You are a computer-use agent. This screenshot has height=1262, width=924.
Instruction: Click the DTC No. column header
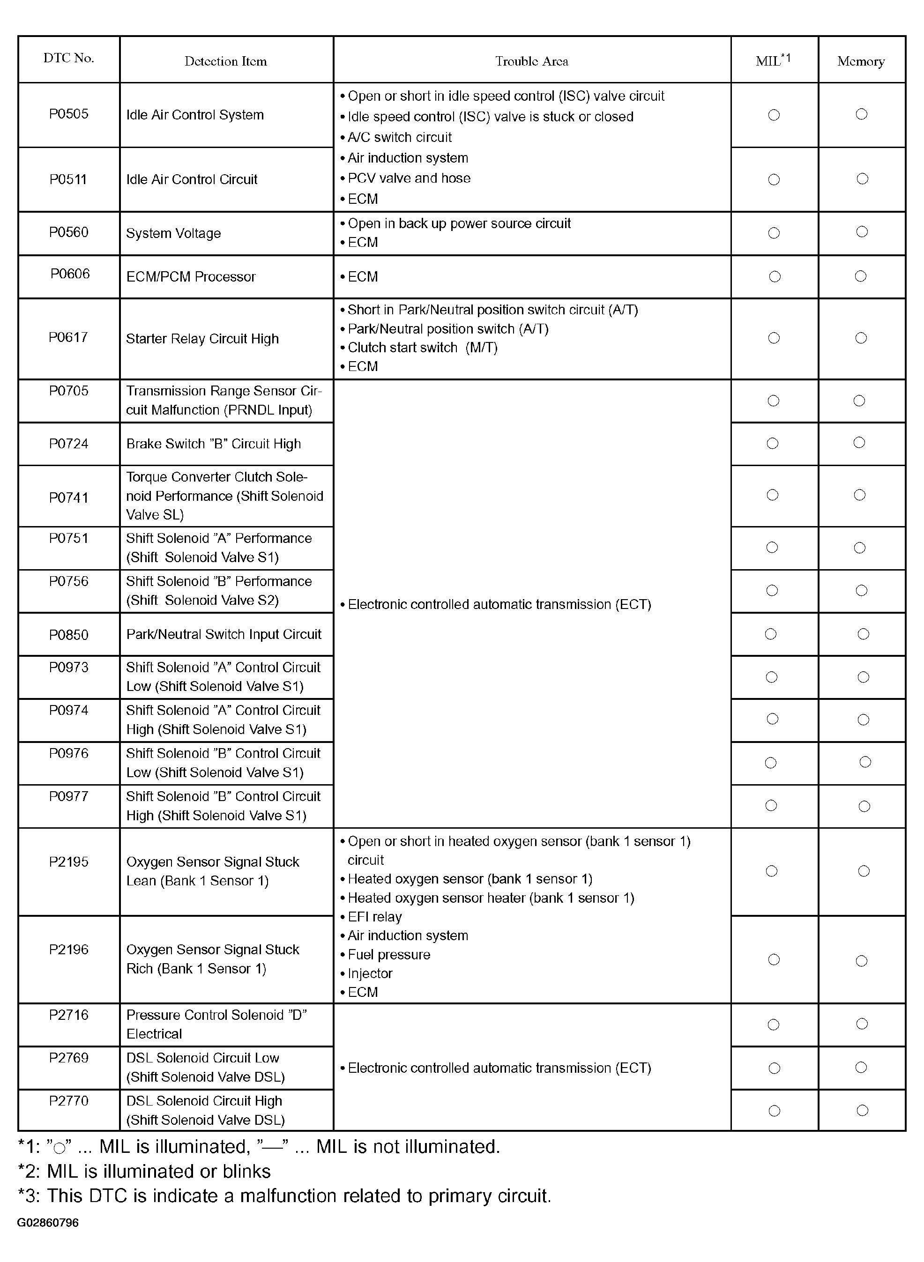tap(69, 58)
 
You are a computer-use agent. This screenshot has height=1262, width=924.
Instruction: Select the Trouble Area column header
tap(531, 61)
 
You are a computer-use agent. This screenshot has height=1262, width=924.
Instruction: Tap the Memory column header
tap(861, 61)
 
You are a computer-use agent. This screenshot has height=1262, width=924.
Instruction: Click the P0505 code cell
tap(69, 114)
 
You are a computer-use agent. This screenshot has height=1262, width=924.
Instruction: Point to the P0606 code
tap(70, 274)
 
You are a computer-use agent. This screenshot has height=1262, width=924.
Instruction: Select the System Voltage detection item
tap(173, 233)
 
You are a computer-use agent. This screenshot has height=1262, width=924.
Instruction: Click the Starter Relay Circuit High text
tap(202, 339)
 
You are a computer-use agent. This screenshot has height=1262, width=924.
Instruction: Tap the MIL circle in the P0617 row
tap(774, 338)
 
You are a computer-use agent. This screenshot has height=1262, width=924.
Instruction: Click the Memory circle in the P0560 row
tap(862, 232)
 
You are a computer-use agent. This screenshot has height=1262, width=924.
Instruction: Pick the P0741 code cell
tap(69, 497)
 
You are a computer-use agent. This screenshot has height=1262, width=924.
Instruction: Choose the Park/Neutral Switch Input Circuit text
tap(224, 635)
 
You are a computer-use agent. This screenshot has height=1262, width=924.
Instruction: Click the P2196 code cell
tap(69, 950)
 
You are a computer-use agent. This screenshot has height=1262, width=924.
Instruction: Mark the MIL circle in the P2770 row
tap(775, 1111)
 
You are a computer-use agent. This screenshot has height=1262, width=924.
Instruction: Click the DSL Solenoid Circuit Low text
tap(202, 1058)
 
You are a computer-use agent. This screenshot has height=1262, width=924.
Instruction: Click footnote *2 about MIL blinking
tap(144, 1172)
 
